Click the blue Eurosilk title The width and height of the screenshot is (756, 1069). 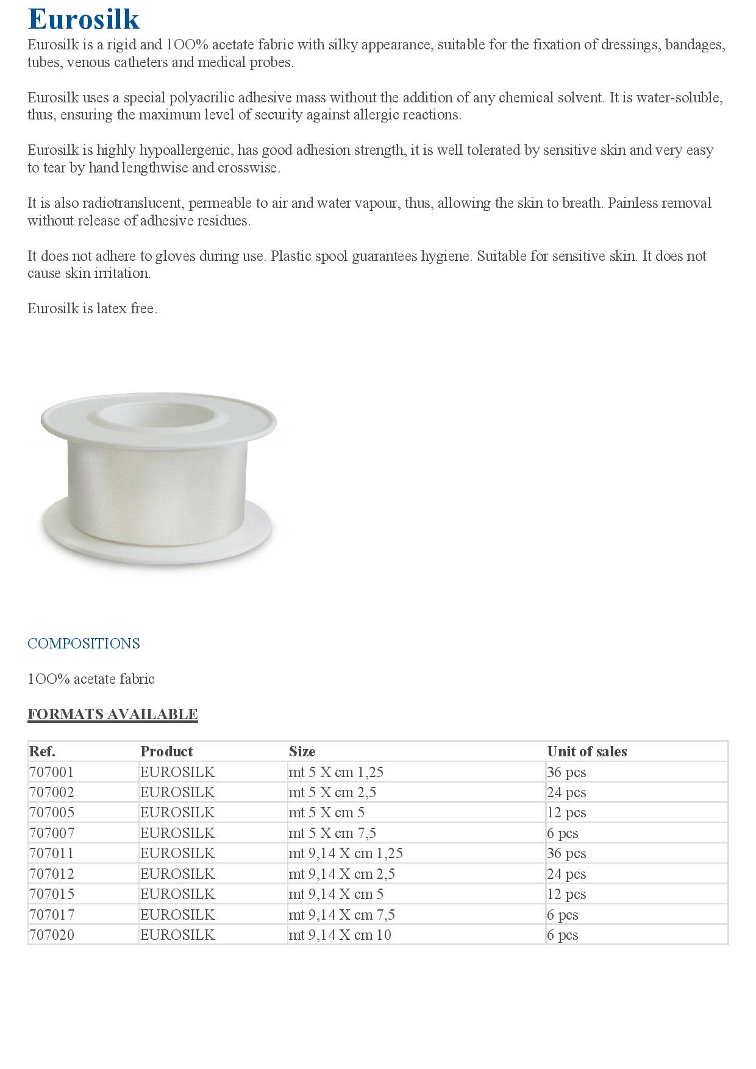point(84,19)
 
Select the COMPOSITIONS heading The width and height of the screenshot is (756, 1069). point(84,644)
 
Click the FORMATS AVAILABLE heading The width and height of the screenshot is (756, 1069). point(113,714)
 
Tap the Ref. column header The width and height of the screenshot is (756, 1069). point(42,751)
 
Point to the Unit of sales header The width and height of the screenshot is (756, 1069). point(587,751)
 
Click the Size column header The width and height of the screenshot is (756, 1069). point(302,751)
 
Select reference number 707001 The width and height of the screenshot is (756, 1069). point(51,772)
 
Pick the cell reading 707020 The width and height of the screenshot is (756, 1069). point(51,935)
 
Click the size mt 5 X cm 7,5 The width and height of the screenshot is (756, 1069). point(332,833)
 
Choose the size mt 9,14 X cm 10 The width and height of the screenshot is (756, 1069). point(340,935)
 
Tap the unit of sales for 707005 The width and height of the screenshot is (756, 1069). point(566,812)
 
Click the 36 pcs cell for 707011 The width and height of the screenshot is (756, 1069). point(566,853)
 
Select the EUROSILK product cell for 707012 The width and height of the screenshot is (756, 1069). point(177,874)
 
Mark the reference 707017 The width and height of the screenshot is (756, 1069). point(51,915)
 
